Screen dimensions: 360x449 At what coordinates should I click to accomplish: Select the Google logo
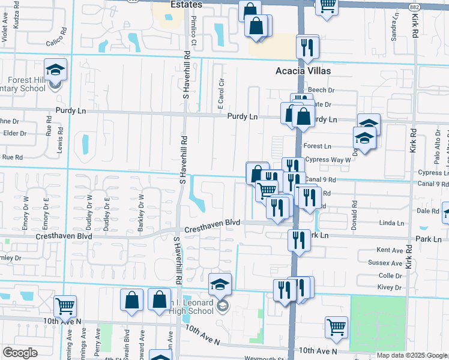(20, 353)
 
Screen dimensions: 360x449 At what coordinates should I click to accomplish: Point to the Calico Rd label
(58, 43)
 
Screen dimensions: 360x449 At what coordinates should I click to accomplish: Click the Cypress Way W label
(327, 160)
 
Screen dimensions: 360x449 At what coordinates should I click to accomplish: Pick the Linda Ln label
(392, 223)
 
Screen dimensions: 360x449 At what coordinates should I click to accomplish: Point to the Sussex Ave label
(389, 263)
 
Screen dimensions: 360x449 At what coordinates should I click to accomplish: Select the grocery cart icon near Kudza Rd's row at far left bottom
(65, 307)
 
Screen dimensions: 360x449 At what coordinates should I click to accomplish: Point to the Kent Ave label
(389, 250)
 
